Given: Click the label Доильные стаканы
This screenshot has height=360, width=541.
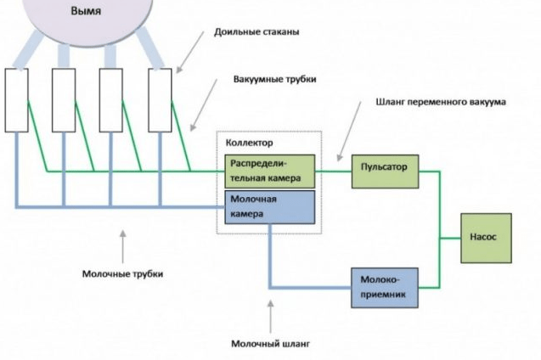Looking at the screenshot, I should pos(259,32).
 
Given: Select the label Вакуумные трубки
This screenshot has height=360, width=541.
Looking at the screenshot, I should pos(274,79).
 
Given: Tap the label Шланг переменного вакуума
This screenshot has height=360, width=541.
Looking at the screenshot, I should pos(441,102).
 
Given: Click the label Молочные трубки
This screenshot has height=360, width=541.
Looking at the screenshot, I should pos(123,274).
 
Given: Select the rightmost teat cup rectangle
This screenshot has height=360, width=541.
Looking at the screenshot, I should pos(160,100).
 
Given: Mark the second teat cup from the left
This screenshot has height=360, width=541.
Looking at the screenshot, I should pos(64,100).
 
